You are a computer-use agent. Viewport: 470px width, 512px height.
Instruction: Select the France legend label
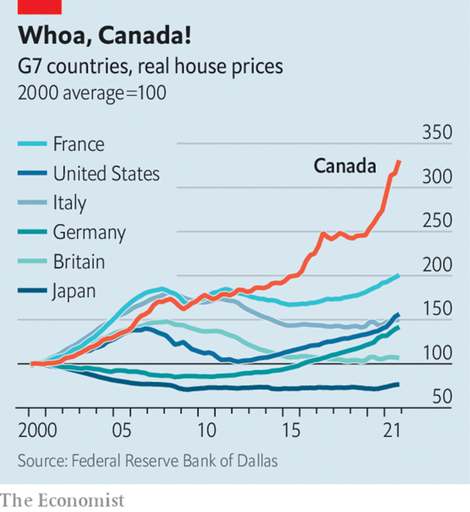tap(79, 144)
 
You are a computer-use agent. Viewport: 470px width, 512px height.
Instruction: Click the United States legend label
tap(106, 173)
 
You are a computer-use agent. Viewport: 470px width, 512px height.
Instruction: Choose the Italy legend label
tap(69, 203)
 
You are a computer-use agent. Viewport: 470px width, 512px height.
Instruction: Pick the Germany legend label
tap(89, 233)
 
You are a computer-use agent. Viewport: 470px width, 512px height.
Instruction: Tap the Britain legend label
tap(79, 262)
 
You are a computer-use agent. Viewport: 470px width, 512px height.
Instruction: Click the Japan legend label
tap(73, 291)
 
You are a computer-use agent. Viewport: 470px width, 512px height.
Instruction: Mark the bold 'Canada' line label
tap(344, 166)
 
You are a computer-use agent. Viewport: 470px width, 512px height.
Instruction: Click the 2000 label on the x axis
tap(34, 429)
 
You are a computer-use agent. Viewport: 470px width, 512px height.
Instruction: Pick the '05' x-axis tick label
tap(121, 429)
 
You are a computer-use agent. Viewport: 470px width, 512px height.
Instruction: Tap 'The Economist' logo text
tap(62, 500)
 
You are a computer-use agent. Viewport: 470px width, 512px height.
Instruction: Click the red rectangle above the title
tap(40, 7)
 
